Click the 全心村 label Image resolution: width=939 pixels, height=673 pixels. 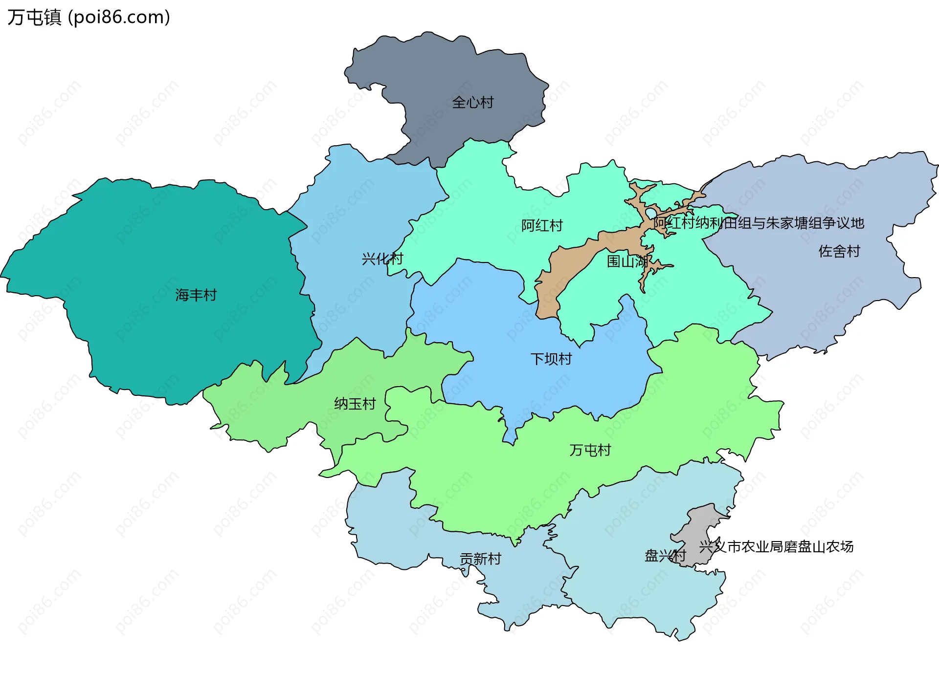(x=472, y=103)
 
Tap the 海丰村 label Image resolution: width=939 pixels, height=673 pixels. (x=196, y=295)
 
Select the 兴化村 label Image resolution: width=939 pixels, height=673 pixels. (x=382, y=259)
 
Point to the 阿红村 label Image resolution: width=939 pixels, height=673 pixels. (x=542, y=226)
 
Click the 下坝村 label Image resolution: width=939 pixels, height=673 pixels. (x=551, y=359)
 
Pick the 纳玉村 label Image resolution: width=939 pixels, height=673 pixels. (x=355, y=404)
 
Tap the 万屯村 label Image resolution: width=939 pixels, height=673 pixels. (x=590, y=450)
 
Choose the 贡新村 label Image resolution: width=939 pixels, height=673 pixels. (x=480, y=559)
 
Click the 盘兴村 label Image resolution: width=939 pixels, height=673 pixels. (x=665, y=556)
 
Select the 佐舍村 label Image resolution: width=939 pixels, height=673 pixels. (x=839, y=251)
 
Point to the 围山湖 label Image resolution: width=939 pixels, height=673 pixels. (x=627, y=261)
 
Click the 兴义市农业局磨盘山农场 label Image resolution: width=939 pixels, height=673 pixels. (x=776, y=546)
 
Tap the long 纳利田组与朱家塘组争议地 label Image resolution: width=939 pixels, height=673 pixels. (x=759, y=223)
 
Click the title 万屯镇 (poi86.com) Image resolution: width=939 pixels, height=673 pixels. (x=89, y=17)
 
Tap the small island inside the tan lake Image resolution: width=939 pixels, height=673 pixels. (x=652, y=214)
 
